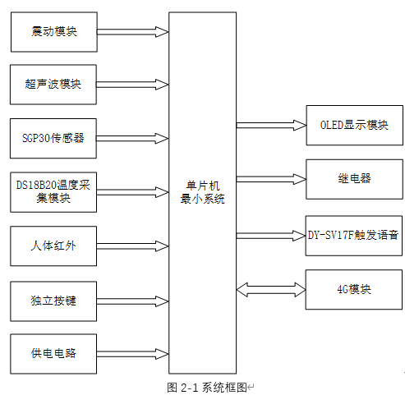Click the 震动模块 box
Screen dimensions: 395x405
(53, 32)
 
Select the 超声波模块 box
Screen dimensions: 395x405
(53, 85)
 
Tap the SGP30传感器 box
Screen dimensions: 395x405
(53, 138)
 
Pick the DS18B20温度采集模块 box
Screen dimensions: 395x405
(53, 191)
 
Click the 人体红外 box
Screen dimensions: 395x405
(53, 245)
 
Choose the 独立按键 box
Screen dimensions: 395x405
(53, 300)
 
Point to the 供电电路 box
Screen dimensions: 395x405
(53, 353)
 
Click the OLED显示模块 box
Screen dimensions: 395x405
(354, 126)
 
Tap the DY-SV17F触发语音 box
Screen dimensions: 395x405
(354, 235)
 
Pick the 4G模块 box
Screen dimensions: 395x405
(354, 289)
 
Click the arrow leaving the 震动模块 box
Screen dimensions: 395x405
(132, 32)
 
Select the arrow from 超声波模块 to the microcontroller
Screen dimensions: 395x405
(132, 85)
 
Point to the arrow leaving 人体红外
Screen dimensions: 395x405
(132, 245)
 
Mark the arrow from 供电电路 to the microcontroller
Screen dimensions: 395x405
(132, 353)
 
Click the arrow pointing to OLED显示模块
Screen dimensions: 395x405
(270, 126)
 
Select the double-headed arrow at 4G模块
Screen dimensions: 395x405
(270, 289)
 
